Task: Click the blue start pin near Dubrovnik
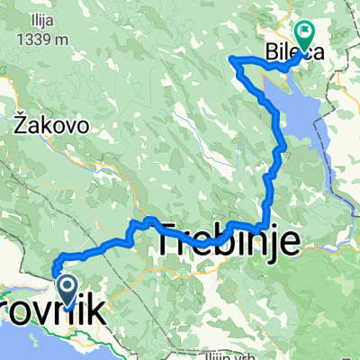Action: (x=67, y=292)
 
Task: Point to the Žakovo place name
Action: (x=51, y=127)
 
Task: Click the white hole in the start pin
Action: (x=67, y=286)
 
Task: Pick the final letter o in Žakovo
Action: (x=82, y=127)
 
